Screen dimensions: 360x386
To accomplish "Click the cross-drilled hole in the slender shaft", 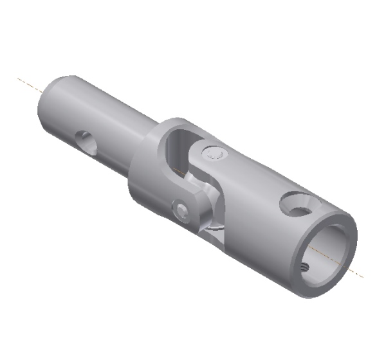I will (x=86, y=141).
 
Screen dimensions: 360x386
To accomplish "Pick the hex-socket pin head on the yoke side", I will (x=183, y=210).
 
